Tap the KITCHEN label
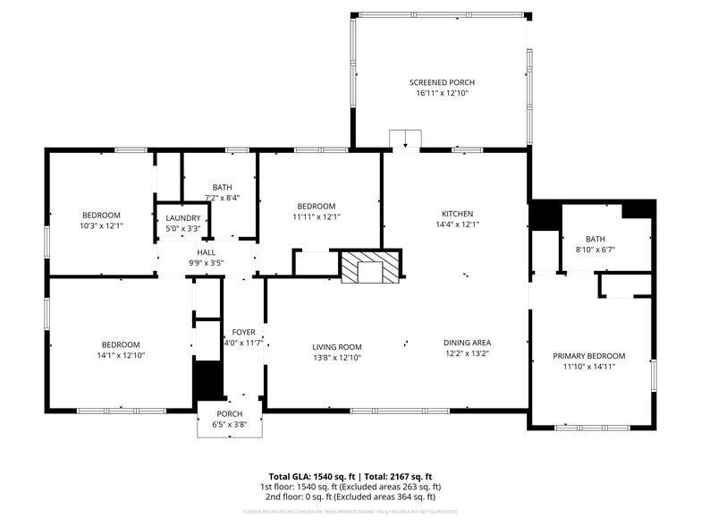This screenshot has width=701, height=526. tap(457, 214)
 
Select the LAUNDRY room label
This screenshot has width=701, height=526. tap(182, 218)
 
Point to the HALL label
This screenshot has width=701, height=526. tap(206, 252)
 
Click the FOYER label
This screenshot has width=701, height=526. tap(243, 332)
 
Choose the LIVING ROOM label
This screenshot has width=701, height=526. tap(337, 347)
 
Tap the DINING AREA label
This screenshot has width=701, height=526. tap(467, 343)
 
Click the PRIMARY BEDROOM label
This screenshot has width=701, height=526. tap(588, 356)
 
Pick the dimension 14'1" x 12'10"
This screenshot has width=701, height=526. tap(120, 355)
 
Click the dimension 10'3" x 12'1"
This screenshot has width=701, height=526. tap(101, 225)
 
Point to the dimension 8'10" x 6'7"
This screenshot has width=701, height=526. tap(595, 250)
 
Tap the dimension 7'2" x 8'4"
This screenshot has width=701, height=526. tap(222, 198)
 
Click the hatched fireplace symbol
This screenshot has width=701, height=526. tap(371, 267)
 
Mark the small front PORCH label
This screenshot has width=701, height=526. tap(230, 413)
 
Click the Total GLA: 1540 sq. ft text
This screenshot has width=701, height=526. tap(313, 477)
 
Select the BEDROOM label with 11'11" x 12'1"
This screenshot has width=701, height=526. tap(317, 206)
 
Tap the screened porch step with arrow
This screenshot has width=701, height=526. tap(405, 139)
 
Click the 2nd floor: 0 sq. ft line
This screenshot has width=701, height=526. tap(350, 496)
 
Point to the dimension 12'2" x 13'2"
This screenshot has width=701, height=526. tap(467, 353)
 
